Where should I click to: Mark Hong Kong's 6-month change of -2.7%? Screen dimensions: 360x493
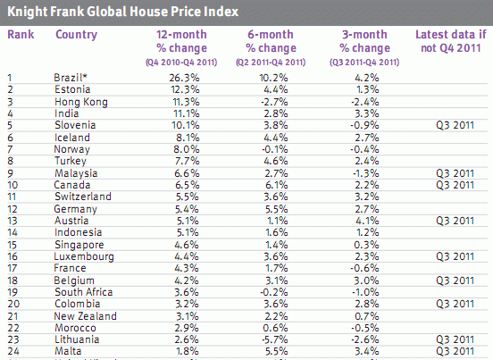point(272,102)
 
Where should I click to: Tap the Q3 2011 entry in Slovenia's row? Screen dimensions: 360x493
point(450,125)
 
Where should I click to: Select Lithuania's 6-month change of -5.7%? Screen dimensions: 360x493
point(272,339)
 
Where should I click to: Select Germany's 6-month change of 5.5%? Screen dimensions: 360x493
point(273,208)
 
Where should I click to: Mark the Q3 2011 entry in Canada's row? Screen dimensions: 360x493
point(450,184)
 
